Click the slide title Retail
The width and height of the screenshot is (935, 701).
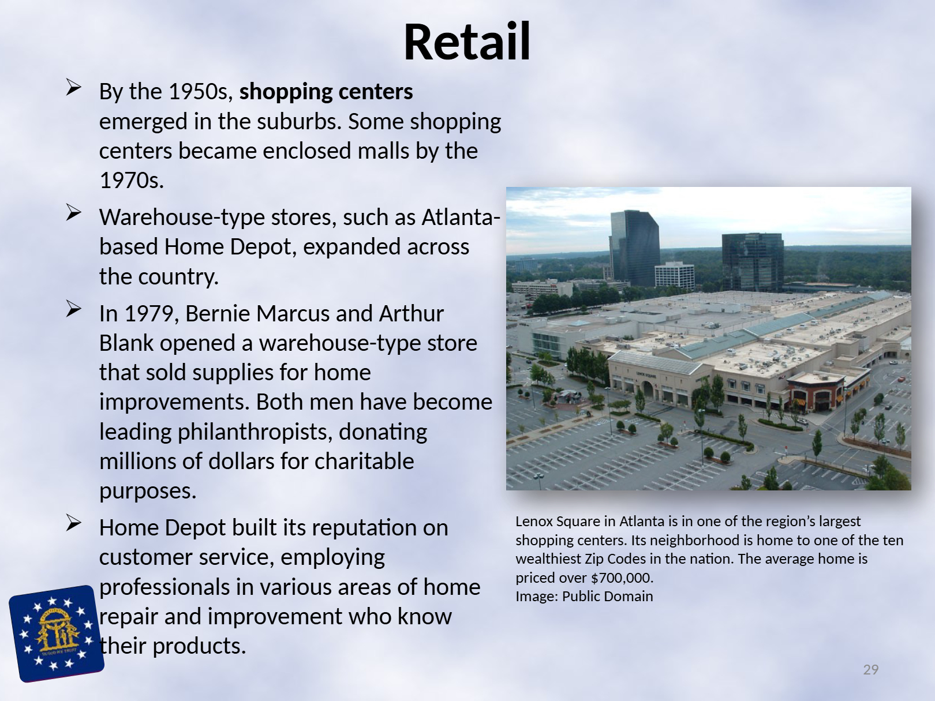[467, 42]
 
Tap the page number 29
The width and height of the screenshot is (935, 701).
[871, 669]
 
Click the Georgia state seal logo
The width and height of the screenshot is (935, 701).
[56, 633]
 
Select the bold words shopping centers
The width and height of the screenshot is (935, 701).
[326, 92]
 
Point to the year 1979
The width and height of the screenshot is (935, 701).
[149, 314]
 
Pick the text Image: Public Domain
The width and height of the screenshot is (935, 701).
[584, 597]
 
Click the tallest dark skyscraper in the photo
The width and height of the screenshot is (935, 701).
[635, 248]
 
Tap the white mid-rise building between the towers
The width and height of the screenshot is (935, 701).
[674, 275]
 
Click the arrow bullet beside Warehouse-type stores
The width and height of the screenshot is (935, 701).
[73, 213]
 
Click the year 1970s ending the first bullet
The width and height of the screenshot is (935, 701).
[131, 181]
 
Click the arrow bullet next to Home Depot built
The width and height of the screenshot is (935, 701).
[73, 523]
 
